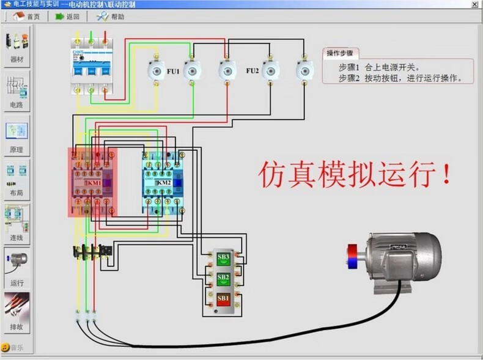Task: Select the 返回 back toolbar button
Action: click(67, 17)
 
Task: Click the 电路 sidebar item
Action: click(17, 90)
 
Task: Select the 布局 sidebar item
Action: click(17, 180)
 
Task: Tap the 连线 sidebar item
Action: click(17, 224)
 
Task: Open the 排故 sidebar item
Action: click(17, 312)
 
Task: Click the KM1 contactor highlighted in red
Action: click(92, 182)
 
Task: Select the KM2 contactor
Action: click(162, 182)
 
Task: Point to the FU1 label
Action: click(173, 72)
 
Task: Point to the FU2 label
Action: click(253, 71)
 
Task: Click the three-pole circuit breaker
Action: click(91, 64)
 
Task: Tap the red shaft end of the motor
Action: click(354, 255)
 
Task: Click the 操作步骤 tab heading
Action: click(341, 53)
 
